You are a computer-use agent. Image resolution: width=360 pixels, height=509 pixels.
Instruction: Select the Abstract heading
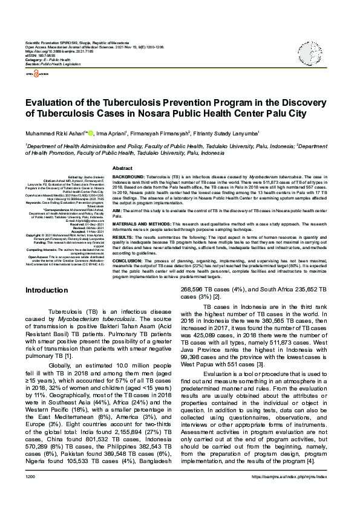coord(123,167)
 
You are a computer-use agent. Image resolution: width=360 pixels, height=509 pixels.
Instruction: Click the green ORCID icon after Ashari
coord(90,133)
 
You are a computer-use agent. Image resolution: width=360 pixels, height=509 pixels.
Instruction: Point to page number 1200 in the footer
coord(31,494)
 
